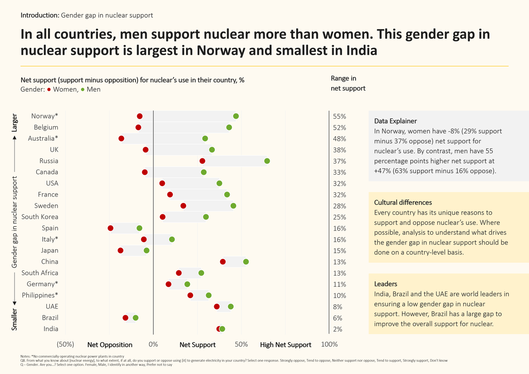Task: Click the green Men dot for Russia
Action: pos(267,161)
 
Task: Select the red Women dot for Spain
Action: pos(110,228)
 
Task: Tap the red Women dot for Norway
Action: pos(140,116)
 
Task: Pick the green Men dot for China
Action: pos(246,262)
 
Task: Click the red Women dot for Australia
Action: pos(122,138)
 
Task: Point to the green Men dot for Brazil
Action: pos(135,318)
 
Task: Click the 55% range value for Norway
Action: pos(339,116)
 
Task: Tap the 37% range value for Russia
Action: pos(339,161)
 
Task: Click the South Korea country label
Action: pos(40,217)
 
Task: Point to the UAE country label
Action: pos(52,307)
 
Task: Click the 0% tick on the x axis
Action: pos(153,344)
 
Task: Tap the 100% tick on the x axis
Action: pos(330,344)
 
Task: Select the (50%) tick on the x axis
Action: pos(65,344)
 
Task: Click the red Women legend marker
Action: pos(49,90)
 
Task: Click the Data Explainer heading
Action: pos(395,121)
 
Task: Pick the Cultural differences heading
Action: pos(403,202)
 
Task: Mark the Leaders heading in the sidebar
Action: pos(386,284)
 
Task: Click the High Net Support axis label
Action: pos(286,345)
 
